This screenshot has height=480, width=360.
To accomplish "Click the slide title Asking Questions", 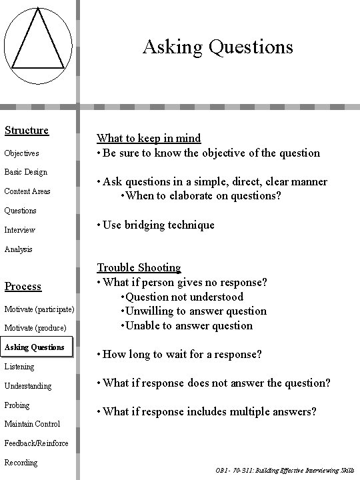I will pyautogui.click(x=217, y=47).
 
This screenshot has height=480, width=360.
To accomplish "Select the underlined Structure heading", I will pyautogui.click(x=27, y=130).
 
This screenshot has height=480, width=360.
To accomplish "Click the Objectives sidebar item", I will pyautogui.click(x=21, y=153).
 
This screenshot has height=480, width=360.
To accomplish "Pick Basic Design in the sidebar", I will pyautogui.click(x=26, y=172).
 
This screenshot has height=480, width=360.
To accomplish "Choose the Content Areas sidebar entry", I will pyautogui.click(x=27, y=191).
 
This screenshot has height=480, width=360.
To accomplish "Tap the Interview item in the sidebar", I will pyautogui.click(x=20, y=230).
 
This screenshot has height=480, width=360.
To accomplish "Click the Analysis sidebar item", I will pyautogui.click(x=19, y=249).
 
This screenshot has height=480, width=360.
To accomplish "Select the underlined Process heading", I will pyautogui.click(x=23, y=286).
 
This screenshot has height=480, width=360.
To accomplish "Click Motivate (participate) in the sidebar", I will pyautogui.click(x=39, y=309).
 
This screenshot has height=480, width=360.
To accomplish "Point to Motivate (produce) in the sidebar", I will pyautogui.click(x=35, y=328).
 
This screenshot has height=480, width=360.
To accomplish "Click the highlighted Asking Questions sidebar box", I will pyautogui.click(x=35, y=347).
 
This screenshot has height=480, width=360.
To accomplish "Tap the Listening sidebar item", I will pyautogui.click(x=19, y=367).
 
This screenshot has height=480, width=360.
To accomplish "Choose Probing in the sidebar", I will pyautogui.click(x=17, y=405).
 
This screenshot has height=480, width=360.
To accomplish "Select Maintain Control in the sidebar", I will pyautogui.click(x=32, y=424).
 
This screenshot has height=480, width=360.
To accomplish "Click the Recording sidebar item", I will pyautogui.click(x=21, y=463).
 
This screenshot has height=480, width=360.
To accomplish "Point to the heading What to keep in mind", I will pyautogui.click(x=149, y=138).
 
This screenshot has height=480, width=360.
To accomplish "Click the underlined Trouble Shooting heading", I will pyautogui.click(x=139, y=267).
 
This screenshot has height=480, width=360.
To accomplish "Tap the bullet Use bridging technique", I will pyautogui.click(x=156, y=225).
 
